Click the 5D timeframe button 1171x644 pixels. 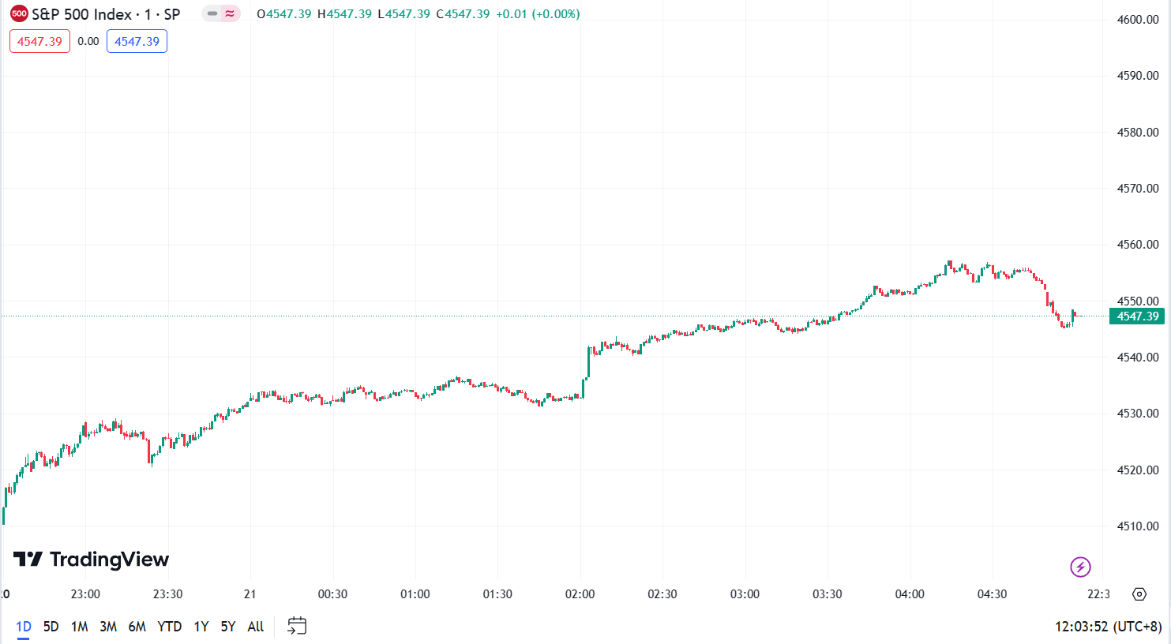pos(51,627)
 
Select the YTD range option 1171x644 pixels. pos(169,627)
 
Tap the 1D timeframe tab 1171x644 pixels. pos(24,627)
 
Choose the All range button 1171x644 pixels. pos(255,627)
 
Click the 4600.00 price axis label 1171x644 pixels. pos(1138,20)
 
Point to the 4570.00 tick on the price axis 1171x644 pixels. pos(1138,189)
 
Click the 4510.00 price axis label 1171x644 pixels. pos(1138,526)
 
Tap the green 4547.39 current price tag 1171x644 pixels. pos(1137,316)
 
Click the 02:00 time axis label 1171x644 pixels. pos(580,594)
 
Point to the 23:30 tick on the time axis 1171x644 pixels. pos(167,594)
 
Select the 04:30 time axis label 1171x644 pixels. pos(992,594)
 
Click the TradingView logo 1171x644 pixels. pos(92,560)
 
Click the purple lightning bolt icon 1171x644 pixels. pos(1080,567)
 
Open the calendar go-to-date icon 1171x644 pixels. pos(297,627)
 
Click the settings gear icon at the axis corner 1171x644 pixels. pos(1139,594)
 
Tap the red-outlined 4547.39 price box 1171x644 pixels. pos(39,42)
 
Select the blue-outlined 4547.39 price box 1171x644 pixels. pos(137,42)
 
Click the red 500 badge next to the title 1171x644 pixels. pos(19,13)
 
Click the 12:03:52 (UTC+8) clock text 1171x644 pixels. pos(1108,627)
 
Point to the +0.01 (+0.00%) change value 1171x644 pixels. pos(538,14)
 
